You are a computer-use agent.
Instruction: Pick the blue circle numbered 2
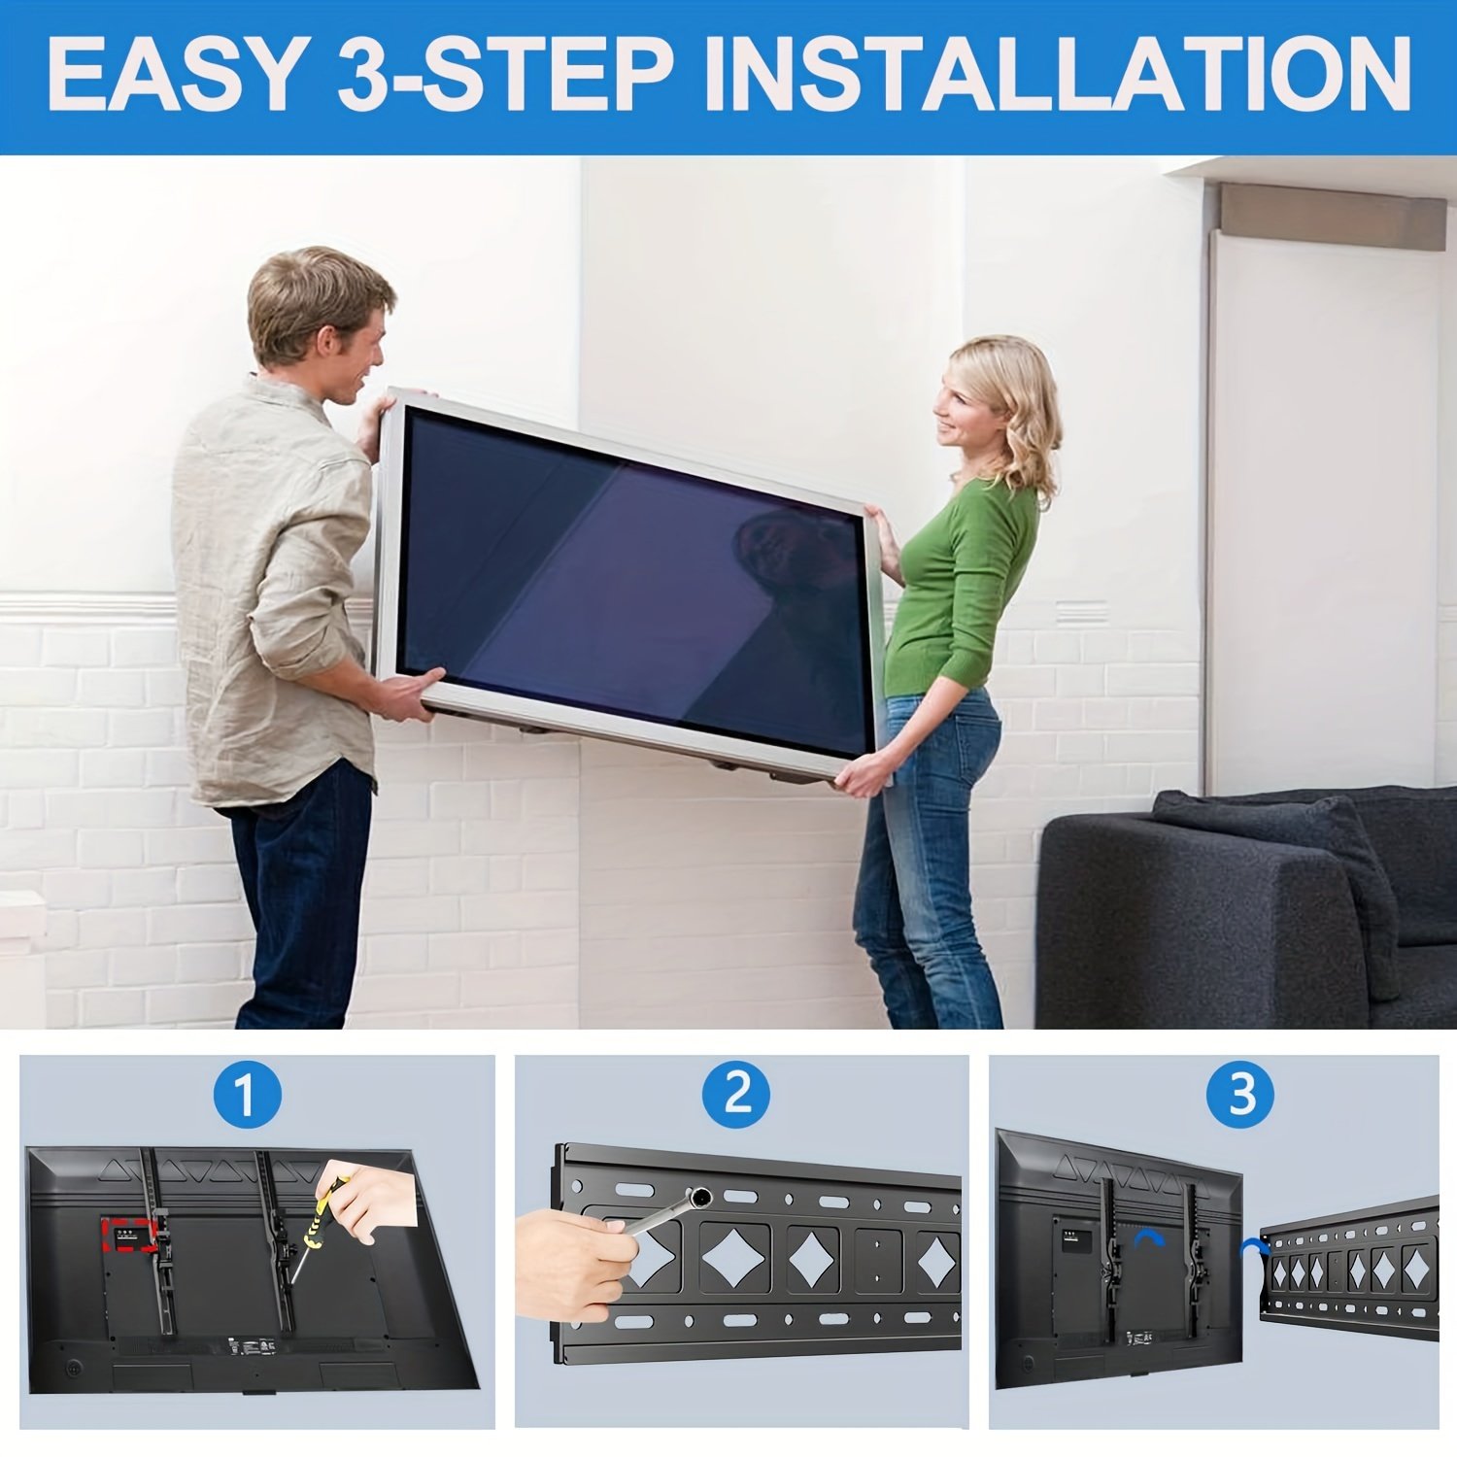click(737, 1095)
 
